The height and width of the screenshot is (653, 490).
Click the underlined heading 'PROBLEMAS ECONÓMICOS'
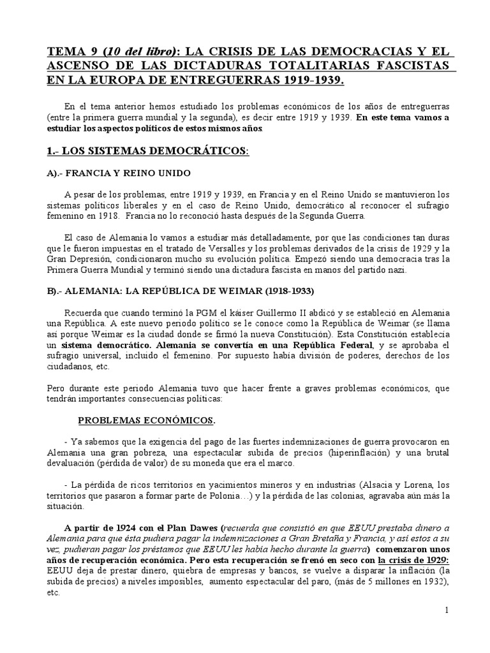click(146, 420)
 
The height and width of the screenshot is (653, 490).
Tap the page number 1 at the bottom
click(447, 610)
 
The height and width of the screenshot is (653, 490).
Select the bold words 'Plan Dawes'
click(193, 529)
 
